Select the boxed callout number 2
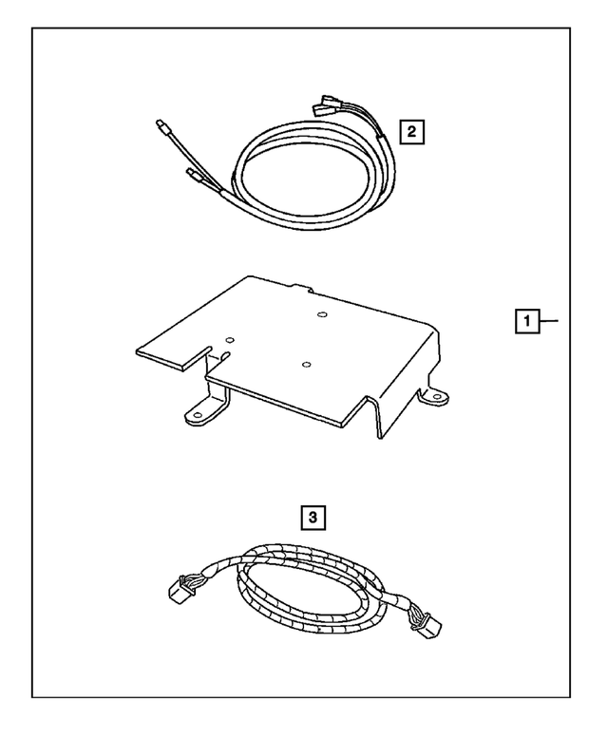410,131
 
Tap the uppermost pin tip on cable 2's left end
159,123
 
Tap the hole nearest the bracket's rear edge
322,314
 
